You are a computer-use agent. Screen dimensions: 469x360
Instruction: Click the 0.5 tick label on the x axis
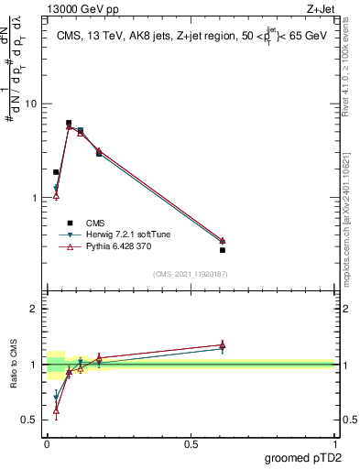coord(191,443)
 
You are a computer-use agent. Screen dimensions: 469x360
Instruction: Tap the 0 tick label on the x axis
coord(47,443)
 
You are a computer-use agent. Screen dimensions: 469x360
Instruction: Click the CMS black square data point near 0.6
coord(223,250)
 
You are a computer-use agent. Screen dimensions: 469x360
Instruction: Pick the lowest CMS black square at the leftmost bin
coord(56,172)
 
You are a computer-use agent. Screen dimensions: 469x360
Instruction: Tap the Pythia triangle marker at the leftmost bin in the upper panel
coord(56,196)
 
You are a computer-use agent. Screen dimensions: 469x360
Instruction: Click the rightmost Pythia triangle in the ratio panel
coord(223,344)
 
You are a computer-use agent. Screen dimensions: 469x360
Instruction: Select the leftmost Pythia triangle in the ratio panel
coord(56,410)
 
